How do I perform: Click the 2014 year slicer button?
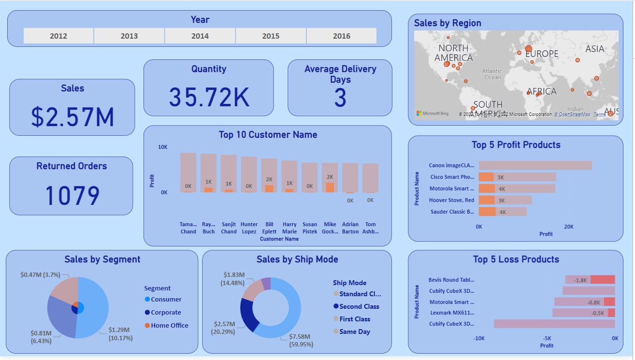click(x=200, y=36)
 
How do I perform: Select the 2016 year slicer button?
click(x=342, y=36)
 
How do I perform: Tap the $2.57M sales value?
click(x=72, y=116)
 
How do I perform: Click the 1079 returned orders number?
click(x=72, y=195)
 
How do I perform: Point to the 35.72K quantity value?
click(x=209, y=97)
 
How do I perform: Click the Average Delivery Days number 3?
click(x=340, y=98)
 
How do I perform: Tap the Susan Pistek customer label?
click(x=310, y=228)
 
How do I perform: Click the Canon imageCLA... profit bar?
click(x=535, y=165)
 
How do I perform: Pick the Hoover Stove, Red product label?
click(x=451, y=200)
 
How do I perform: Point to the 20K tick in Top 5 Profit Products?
click(x=569, y=227)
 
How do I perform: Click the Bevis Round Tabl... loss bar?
click(x=590, y=280)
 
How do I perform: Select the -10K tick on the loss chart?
click(x=478, y=338)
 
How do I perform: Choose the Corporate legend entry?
click(x=166, y=313)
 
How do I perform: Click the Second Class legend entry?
click(x=359, y=306)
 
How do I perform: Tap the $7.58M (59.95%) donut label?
click(x=300, y=340)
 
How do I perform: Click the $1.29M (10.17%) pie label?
click(x=120, y=334)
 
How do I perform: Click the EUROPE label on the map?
click(x=542, y=54)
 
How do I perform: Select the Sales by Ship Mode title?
click(x=297, y=259)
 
